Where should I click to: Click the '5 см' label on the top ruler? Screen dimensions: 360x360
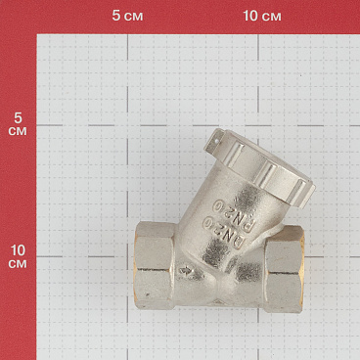click(x=127, y=17)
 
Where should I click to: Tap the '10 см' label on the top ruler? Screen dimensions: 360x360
click(x=261, y=17)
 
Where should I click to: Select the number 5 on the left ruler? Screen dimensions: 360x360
click(x=17, y=115)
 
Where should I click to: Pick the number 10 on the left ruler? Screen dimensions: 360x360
click(x=17, y=248)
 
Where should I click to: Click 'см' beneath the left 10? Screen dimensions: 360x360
click(x=17, y=263)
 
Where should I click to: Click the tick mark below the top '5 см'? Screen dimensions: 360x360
click(x=127, y=35)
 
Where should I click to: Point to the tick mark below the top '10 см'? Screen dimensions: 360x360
click(x=261, y=35)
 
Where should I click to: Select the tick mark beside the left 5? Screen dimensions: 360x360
click(x=36, y=123)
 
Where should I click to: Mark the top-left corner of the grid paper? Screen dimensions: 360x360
click(x=37, y=36)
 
